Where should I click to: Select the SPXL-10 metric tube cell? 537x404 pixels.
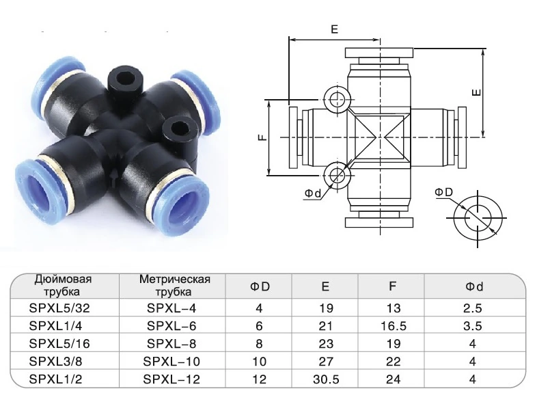click(x=174, y=360)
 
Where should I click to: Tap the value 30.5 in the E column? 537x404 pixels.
click(x=325, y=377)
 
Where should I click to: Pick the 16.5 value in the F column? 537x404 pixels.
click(x=393, y=325)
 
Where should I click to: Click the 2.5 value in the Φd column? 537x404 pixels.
click(x=473, y=308)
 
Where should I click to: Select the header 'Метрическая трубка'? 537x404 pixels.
click(x=174, y=285)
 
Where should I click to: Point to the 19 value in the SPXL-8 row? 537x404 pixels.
click(x=393, y=343)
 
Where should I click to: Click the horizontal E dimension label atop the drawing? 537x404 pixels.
click(x=335, y=29)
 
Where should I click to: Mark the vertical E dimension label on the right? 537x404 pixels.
click(x=478, y=92)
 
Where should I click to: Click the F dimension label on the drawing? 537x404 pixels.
click(x=262, y=137)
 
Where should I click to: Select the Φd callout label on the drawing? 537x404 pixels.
click(x=314, y=193)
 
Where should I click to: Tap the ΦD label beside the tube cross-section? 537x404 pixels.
click(x=444, y=192)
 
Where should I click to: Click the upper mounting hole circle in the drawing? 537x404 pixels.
click(x=337, y=100)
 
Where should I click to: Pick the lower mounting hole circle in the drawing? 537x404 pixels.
click(x=337, y=175)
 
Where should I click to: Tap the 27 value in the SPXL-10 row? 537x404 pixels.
click(x=325, y=360)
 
